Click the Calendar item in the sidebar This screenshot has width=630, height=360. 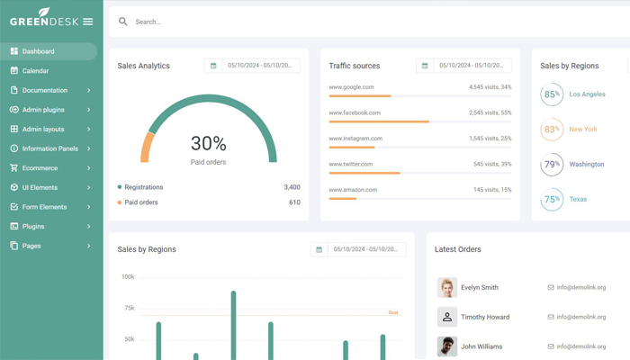[35, 71]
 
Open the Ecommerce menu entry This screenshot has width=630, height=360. [40, 168]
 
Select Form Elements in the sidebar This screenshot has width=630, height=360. [44, 207]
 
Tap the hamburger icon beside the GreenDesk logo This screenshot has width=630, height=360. [87, 22]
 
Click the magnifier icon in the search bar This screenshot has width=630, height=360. [123, 22]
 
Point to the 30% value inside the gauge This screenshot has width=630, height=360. [208, 143]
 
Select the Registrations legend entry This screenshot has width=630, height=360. [143, 187]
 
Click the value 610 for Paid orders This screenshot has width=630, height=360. [293, 202]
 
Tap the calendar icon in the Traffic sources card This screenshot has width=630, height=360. [425, 66]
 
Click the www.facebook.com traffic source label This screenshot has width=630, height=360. [355, 112]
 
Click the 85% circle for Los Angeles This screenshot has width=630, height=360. [552, 94]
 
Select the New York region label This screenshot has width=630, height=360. [583, 130]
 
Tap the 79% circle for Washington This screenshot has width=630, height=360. [552, 165]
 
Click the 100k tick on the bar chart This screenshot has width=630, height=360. [128, 277]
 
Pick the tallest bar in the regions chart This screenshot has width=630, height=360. [233, 324]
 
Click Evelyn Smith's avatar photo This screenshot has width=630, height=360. [447, 287]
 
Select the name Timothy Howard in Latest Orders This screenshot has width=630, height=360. [485, 317]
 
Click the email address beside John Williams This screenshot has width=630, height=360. [580, 346]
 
